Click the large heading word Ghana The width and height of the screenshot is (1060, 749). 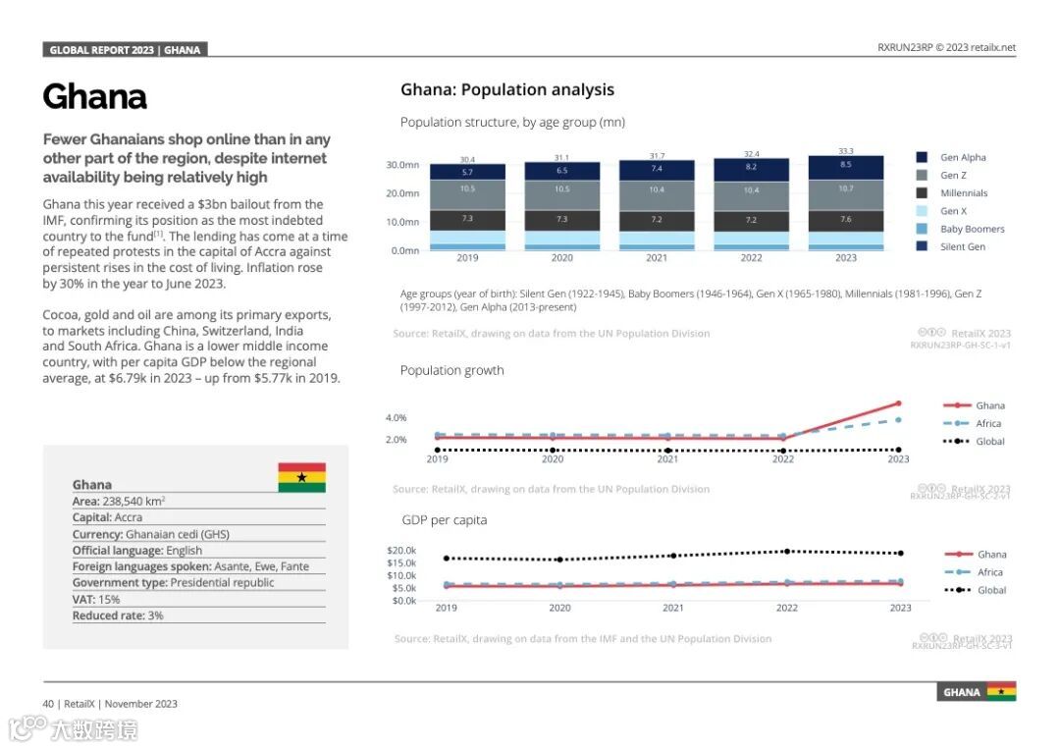click(x=94, y=97)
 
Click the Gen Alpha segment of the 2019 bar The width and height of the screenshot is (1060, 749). click(x=467, y=172)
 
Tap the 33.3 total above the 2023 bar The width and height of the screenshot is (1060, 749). click(x=845, y=151)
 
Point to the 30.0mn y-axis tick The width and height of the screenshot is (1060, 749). click(x=402, y=165)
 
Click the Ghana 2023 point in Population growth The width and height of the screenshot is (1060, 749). click(x=898, y=403)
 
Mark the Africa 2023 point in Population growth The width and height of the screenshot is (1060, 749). click(x=898, y=420)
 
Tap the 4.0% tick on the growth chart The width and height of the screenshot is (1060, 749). click(x=396, y=418)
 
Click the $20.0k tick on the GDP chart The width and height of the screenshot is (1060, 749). click(x=402, y=550)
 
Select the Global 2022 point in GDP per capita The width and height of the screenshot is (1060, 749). click(x=787, y=551)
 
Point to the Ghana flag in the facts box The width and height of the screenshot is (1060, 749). click(x=301, y=477)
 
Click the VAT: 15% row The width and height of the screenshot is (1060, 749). click(x=96, y=599)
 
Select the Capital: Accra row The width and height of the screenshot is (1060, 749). click(x=107, y=517)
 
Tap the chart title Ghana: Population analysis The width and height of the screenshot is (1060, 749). click(x=506, y=90)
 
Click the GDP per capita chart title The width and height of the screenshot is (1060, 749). click(x=444, y=519)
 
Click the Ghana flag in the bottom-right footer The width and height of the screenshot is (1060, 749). click(x=1001, y=691)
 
